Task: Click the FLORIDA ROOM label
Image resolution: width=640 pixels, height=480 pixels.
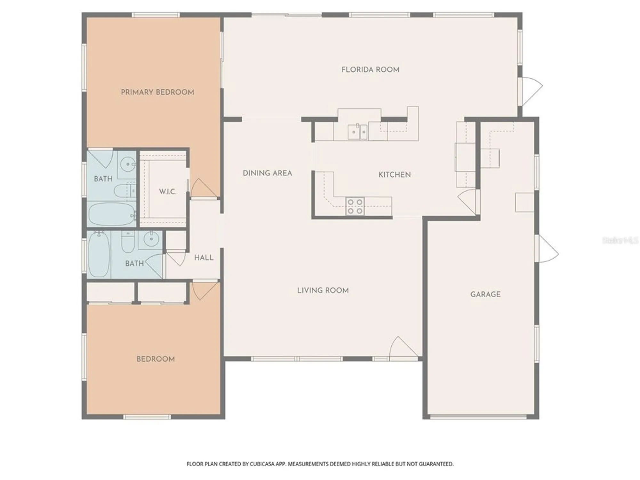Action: click(370, 70)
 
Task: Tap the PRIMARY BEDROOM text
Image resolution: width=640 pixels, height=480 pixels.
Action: click(157, 92)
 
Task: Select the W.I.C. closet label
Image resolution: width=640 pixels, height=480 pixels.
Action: click(168, 192)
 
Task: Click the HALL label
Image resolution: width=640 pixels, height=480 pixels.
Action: click(204, 258)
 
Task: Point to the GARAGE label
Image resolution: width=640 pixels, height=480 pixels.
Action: click(485, 294)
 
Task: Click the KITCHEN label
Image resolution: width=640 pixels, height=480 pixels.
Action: click(394, 175)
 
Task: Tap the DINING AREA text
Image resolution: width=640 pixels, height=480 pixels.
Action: click(267, 173)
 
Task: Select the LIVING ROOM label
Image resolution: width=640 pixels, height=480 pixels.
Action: click(323, 291)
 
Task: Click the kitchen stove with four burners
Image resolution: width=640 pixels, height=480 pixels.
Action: click(355, 206)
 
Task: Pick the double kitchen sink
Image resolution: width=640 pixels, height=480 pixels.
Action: click(358, 132)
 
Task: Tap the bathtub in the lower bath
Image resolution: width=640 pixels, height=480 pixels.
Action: click(99, 254)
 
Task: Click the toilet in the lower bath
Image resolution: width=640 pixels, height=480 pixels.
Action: click(128, 242)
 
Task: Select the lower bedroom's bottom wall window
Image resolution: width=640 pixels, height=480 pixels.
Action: click(147, 417)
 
